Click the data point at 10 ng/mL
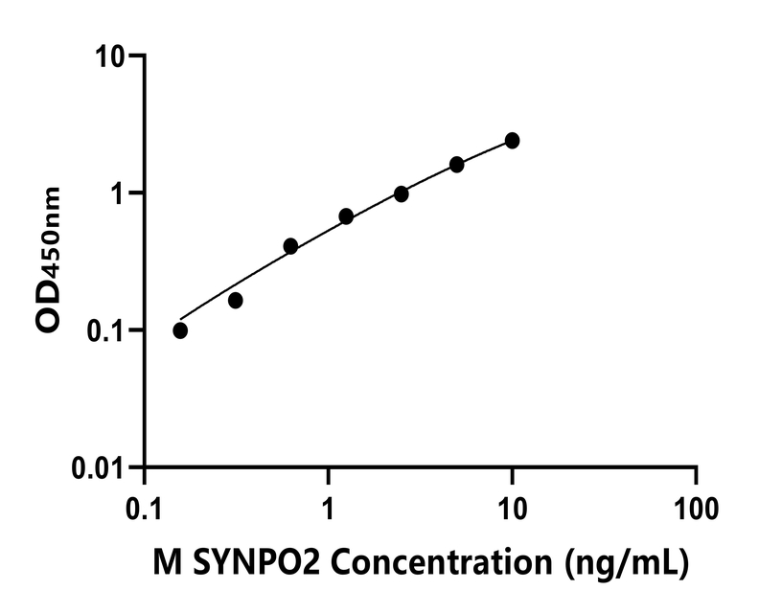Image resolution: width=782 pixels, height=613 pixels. tap(512, 141)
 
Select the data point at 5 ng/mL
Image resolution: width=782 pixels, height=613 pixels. tap(457, 165)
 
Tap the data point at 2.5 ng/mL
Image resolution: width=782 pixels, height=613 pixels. tap(402, 193)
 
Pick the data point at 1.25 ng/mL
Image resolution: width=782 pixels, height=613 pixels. tap(346, 216)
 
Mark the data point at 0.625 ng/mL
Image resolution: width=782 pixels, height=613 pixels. tap(290, 246)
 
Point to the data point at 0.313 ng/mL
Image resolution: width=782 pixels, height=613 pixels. tap(236, 301)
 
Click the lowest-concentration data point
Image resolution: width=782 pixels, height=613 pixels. tap(180, 330)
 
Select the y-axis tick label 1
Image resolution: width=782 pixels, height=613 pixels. tap(121, 193)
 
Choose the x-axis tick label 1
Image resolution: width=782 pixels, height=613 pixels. tap(329, 505)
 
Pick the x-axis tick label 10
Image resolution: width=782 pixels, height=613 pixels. tap(513, 505)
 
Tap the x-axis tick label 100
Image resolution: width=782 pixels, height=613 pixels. tap(697, 505)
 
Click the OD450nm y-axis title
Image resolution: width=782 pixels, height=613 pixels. tap(48, 261)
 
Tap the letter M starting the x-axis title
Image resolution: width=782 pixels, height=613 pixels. tap(165, 563)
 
